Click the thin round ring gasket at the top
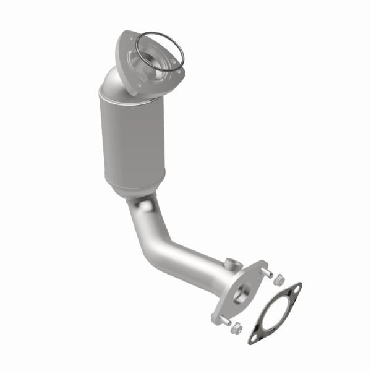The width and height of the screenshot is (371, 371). (x=137, y=48)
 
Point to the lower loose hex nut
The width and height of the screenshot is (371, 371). (x=235, y=330)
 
